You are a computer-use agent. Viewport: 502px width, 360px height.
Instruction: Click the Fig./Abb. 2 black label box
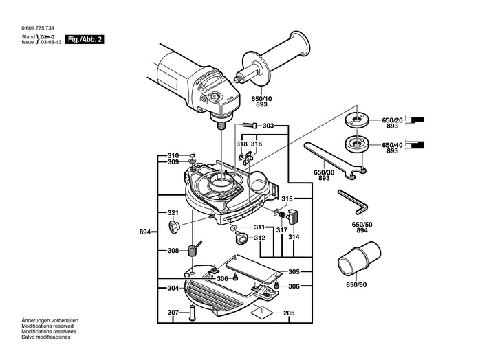click(85, 39)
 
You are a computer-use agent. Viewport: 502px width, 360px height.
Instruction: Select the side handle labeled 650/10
click(272, 59)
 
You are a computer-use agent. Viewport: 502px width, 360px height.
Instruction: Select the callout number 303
click(268, 126)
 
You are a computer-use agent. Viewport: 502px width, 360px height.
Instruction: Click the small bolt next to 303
click(250, 125)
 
